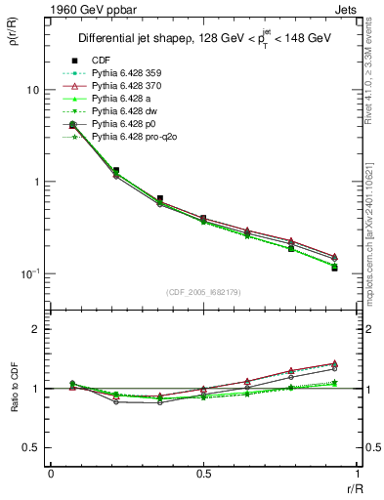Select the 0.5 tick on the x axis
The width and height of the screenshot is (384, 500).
point(202,474)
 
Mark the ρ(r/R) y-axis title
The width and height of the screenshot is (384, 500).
point(13,35)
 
